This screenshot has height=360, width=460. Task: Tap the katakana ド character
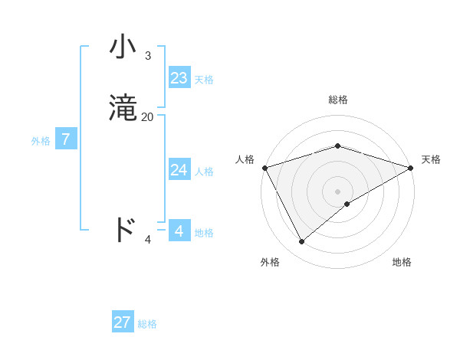(124, 229)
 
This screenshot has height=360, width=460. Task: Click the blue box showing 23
(179, 77)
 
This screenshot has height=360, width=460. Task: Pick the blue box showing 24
(179, 169)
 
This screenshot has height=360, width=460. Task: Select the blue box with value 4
(179, 230)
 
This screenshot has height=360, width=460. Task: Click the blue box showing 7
(67, 139)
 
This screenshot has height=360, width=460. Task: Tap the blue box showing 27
(123, 322)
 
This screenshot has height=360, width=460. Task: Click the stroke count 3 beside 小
(147, 56)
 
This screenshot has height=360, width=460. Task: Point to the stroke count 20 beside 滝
(147, 117)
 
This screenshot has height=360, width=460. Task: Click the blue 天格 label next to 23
(204, 80)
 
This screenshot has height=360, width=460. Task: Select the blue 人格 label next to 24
(204, 172)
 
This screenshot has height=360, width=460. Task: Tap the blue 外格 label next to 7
(41, 141)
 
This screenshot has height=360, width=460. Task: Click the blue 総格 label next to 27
(147, 325)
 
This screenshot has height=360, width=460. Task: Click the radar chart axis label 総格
(338, 100)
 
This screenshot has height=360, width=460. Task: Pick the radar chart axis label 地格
(402, 262)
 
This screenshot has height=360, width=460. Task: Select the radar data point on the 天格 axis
(410, 167)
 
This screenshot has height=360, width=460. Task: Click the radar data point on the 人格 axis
(264, 167)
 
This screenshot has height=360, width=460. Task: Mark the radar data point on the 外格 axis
(302, 242)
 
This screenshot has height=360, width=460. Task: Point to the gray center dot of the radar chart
(337, 191)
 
